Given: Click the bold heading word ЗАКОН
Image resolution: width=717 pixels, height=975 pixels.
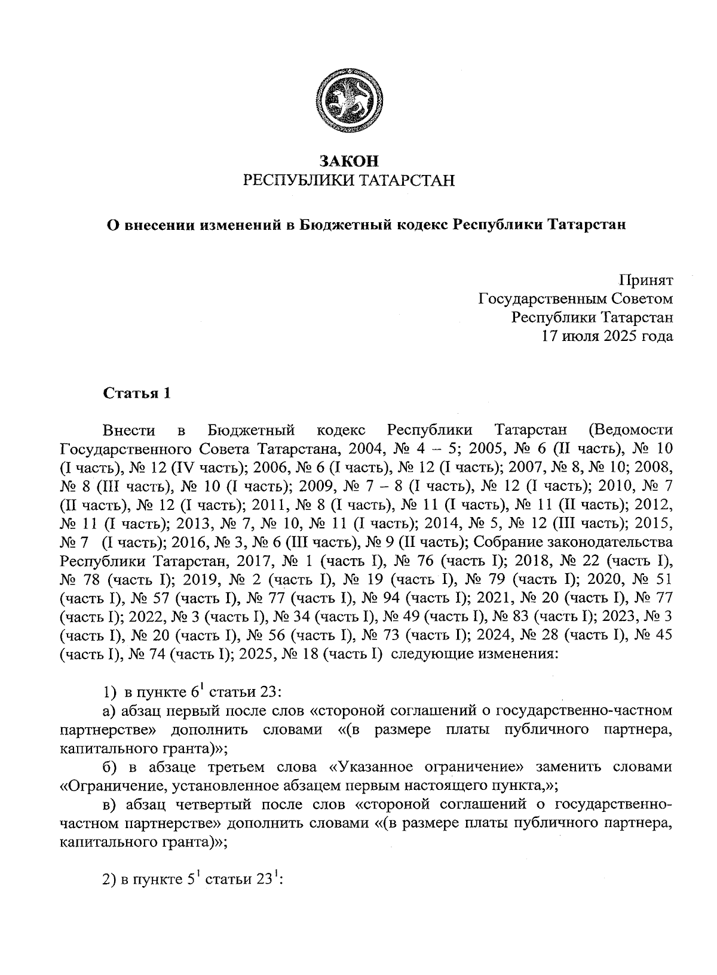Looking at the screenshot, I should (x=350, y=161).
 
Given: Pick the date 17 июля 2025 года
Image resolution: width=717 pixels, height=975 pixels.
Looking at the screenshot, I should (x=607, y=336).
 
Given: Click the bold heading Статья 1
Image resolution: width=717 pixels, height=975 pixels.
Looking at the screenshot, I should (x=137, y=393).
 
